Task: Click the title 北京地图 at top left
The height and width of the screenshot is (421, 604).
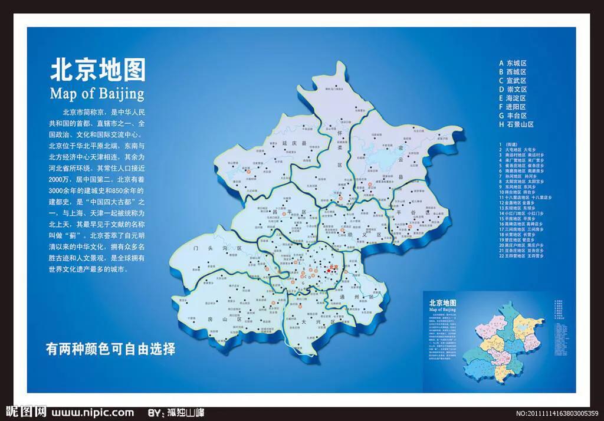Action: (x=98, y=70)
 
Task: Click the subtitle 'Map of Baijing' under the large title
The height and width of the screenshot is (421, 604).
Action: (x=97, y=93)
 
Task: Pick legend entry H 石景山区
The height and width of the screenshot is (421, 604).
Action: (x=516, y=124)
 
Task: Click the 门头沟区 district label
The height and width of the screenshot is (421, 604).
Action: (x=218, y=250)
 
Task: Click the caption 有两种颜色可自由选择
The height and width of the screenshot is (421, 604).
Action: (x=111, y=348)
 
